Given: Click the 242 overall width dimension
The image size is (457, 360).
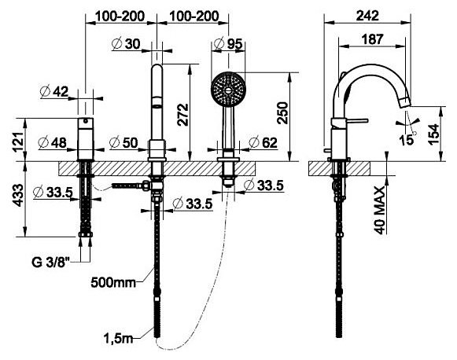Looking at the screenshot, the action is tap(367, 16).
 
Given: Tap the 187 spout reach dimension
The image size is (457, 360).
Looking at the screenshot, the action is tap(373, 39).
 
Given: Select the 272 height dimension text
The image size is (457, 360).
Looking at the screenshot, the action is tap(183, 115).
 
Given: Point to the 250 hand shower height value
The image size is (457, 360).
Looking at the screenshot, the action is tap(282, 113).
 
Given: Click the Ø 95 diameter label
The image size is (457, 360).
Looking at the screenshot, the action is tap(228, 43).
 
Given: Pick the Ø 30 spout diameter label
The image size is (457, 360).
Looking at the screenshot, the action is tap(126, 44).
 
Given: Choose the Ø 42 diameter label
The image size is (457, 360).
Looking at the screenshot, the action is tap(54, 91).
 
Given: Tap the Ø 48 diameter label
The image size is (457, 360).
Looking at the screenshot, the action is tap(53, 143).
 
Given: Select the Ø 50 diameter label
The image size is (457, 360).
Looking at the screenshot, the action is tap(123, 143).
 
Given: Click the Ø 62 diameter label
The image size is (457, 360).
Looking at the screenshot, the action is tap(264, 143).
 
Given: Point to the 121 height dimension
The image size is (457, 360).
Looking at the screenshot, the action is tap(18, 141).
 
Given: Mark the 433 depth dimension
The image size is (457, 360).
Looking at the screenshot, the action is tap(18, 195).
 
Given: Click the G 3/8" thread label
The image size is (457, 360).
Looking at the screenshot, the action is tap(51, 262).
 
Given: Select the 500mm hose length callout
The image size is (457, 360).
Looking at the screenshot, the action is tap(113, 282).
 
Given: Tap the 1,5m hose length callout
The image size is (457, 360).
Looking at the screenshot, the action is tap(118, 338).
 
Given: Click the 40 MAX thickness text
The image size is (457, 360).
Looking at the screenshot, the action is tap(380, 211).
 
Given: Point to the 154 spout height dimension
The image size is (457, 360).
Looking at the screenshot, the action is tap(433, 134).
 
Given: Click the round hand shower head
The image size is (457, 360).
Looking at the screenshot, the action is tap(228, 90).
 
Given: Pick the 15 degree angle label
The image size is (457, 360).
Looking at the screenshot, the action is tap(407, 140).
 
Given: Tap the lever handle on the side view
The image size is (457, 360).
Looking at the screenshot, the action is tap(356, 120).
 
